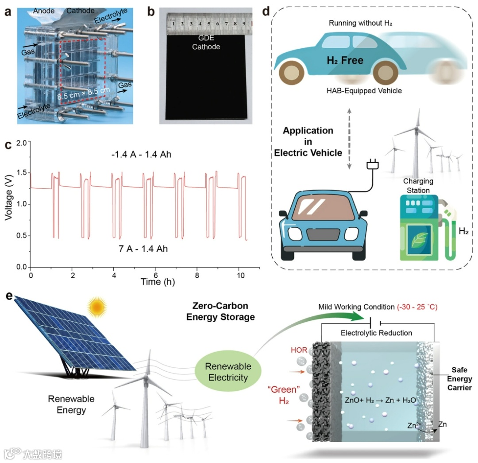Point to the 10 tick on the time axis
click(239, 275)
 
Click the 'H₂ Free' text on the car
click(345, 60)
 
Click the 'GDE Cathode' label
click(206, 43)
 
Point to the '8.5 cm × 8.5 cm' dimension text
click(82, 94)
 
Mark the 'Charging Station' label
click(418, 186)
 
